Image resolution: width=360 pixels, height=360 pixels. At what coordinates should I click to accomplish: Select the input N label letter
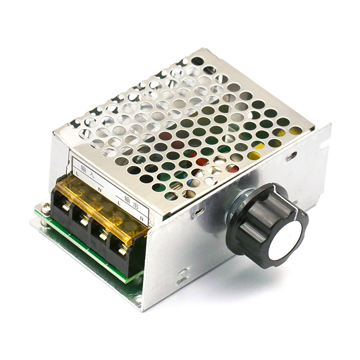point(99,189)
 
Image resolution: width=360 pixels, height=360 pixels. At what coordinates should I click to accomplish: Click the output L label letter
point(119,203)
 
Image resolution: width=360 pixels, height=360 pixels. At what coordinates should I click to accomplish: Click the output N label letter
point(141,219)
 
